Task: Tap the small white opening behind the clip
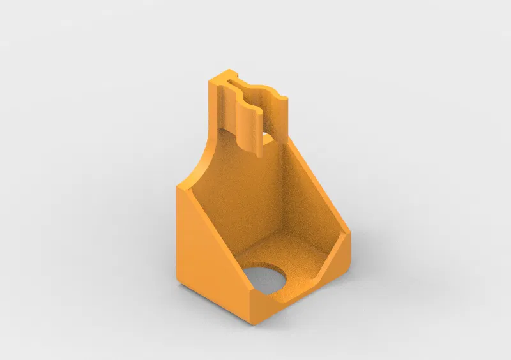(x=268, y=137)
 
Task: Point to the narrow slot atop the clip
(x=246, y=84)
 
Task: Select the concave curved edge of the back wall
(x=203, y=160)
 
